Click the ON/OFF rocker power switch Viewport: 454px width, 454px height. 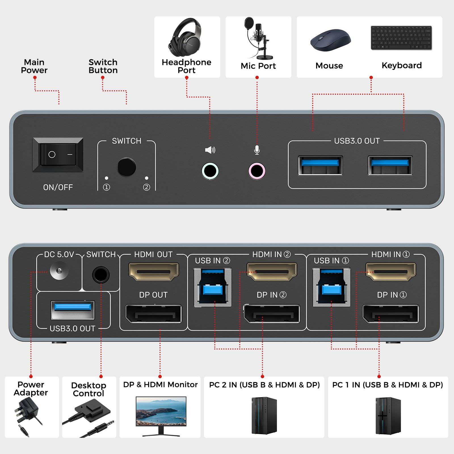pyautogui.click(x=58, y=155)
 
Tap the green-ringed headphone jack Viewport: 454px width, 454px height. pyautogui.click(x=210, y=171)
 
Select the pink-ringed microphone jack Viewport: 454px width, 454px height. pyautogui.click(x=257, y=171)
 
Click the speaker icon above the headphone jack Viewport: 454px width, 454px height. pyautogui.click(x=210, y=150)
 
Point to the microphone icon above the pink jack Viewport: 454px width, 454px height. pyautogui.click(x=257, y=150)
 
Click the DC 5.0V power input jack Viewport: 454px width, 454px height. pyautogui.click(x=59, y=271)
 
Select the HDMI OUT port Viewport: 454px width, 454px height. pyautogui.click(x=154, y=272)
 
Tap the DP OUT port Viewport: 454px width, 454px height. pyautogui.click(x=154, y=314)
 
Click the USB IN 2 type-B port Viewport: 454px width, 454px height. pyautogui.click(x=213, y=287)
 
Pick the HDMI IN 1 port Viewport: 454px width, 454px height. pyautogui.click(x=390, y=272)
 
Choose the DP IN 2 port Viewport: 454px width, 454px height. pyautogui.click(x=272, y=314)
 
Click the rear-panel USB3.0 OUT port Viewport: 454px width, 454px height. pyautogui.click(x=73, y=310)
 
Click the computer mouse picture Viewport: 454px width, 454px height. pyautogui.click(x=330, y=40)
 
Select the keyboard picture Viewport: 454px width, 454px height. pyautogui.click(x=401, y=38)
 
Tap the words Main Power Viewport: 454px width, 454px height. pyautogui.click(x=34, y=66)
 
